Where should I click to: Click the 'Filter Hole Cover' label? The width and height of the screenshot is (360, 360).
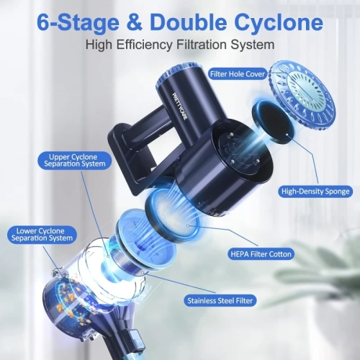point(238,74)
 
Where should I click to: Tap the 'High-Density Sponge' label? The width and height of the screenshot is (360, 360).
point(315,192)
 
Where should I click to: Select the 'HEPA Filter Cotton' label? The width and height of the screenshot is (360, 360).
point(261,254)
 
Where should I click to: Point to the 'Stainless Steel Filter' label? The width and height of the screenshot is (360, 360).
point(220,301)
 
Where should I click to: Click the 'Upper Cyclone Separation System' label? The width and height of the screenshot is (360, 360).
point(75,161)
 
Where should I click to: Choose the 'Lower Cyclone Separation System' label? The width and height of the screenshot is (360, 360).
point(42,235)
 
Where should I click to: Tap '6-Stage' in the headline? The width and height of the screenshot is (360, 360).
point(78,23)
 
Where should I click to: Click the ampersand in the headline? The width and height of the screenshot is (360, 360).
point(134,22)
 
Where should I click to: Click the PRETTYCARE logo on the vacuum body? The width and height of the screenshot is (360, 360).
point(179,107)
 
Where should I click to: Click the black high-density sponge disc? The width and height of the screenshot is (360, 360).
point(270,122)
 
